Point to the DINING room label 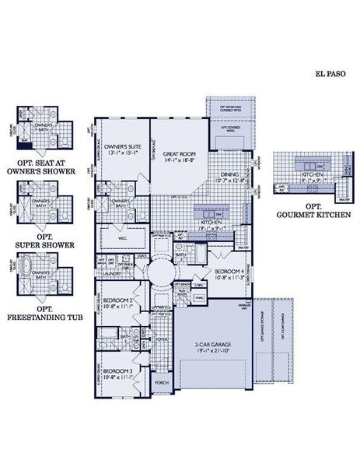click(229, 174)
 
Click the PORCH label click(162, 383)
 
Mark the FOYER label click(162, 339)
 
